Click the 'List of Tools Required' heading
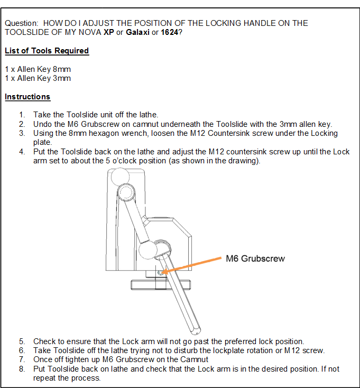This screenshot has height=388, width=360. pos(47,51)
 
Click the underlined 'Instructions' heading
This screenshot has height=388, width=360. pos(27,97)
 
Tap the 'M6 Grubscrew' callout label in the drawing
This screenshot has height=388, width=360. pos(255,258)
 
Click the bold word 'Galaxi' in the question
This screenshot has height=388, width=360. pos(137,32)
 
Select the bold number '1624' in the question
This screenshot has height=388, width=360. pos(169,32)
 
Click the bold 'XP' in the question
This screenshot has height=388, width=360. pos(110,32)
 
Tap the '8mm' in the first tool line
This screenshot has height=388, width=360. pos(62,69)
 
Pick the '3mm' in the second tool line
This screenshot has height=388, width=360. pos(62,78)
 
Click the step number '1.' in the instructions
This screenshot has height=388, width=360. pos(22,114)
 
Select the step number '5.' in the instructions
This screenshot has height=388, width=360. pos(22,341)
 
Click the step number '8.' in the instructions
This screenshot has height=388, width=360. pos(22,369)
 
